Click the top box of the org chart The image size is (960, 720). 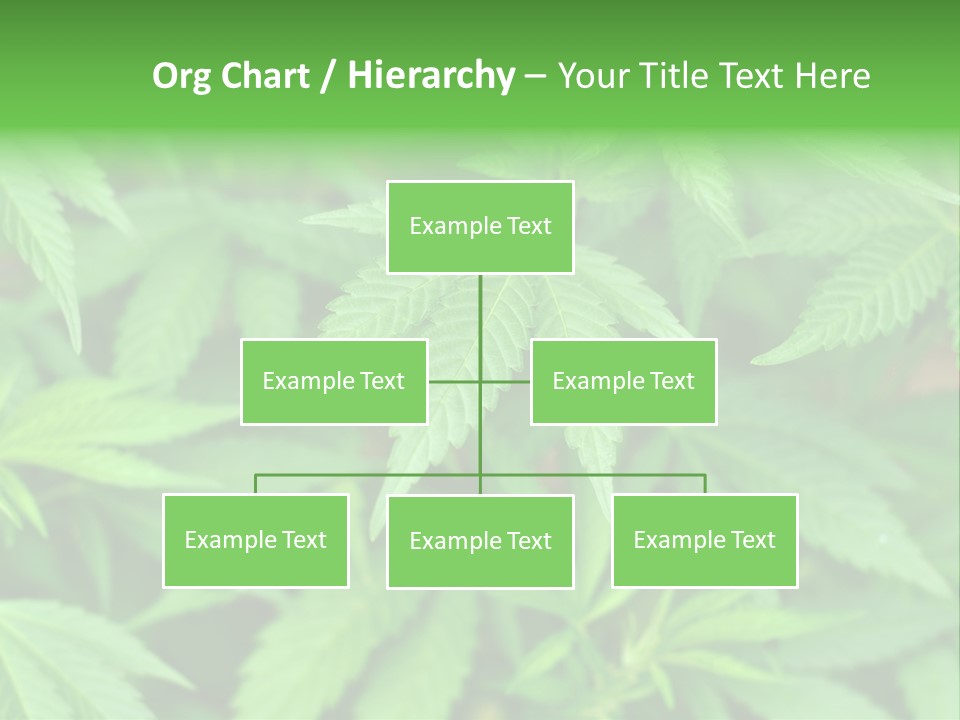[480, 227]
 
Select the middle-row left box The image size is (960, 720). [334, 381]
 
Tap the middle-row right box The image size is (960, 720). [623, 381]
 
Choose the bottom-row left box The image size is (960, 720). [256, 540]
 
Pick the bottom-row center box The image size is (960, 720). [480, 541]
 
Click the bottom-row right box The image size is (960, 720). [704, 540]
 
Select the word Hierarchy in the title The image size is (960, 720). [430, 76]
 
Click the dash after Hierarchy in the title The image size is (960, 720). [535, 76]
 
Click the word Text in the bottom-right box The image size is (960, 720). [752, 540]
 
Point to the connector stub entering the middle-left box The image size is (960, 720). [453, 381]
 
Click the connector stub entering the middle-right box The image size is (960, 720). [506, 381]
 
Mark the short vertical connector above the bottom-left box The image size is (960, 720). [256, 484]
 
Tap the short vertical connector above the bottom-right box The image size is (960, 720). [704, 484]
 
